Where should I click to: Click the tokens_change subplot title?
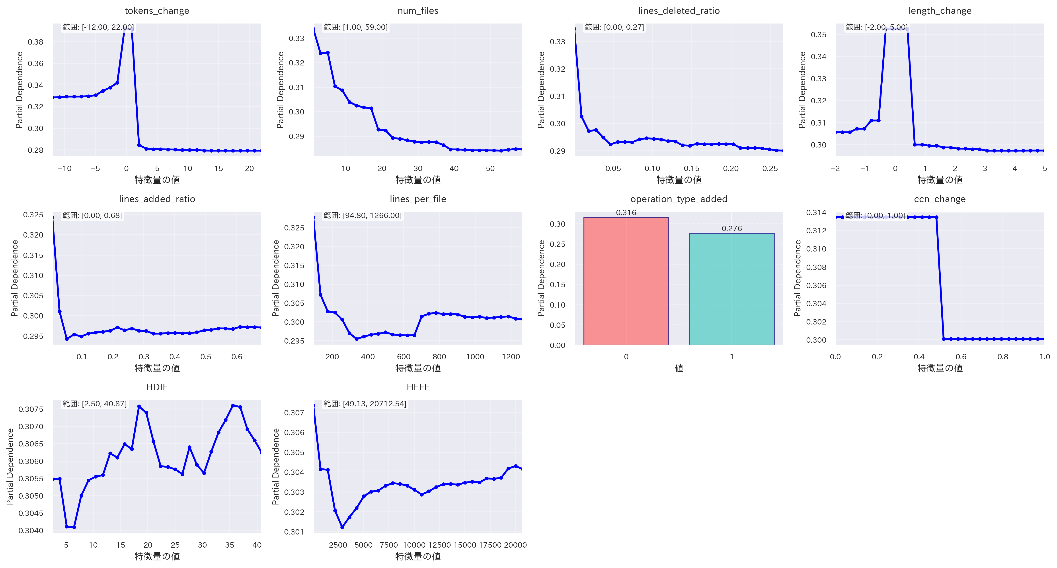tap(157, 11)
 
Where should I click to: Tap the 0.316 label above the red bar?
tap(626, 212)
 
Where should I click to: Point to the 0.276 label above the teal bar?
tap(732, 228)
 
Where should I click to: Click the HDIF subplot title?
tap(157, 387)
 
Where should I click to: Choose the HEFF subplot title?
tap(418, 387)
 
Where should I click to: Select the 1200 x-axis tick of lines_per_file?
tap(511, 356)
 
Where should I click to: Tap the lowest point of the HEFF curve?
tap(342, 527)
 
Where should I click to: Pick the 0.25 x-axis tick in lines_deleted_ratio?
tap(770, 168)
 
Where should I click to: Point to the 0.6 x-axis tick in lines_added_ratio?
tap(237, 356)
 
